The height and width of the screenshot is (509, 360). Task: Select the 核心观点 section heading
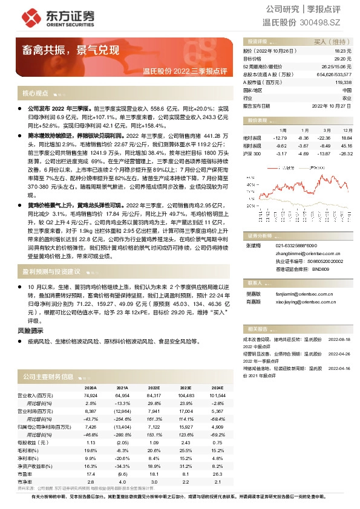[35, 94]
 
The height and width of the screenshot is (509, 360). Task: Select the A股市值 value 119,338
[342, 82]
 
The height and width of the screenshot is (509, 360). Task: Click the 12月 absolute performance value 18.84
[346, 138]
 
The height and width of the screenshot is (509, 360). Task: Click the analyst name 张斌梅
[251, 245]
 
